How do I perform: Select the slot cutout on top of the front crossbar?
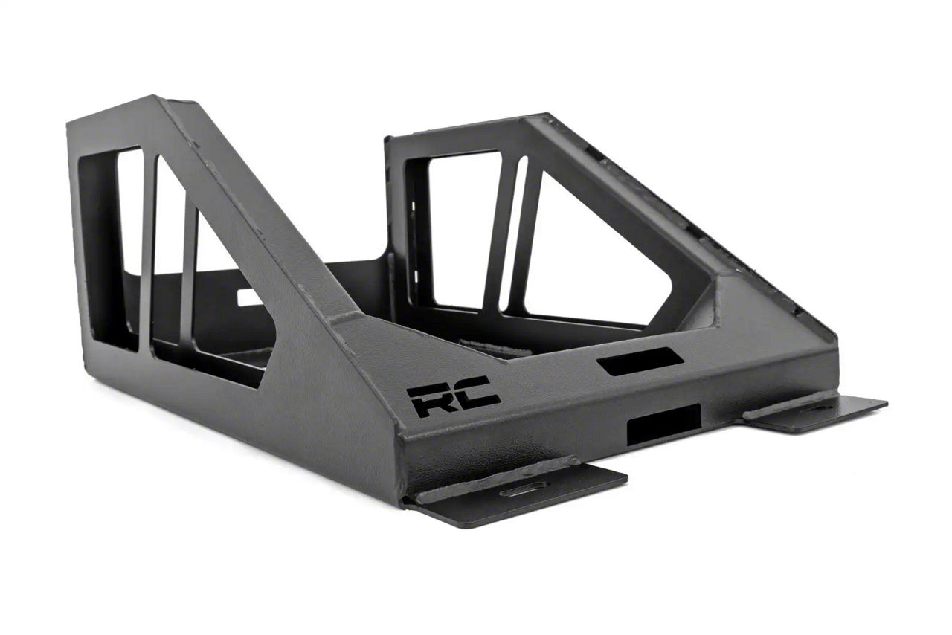[640, 361]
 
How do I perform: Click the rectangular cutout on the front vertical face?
[663, 425]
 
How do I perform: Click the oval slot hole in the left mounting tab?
[524, 491]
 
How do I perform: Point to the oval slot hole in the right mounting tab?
[818, 407]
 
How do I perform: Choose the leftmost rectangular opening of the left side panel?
[129, 238]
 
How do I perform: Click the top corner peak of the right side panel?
[547, 116]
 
